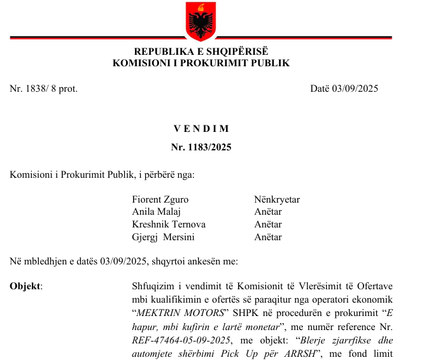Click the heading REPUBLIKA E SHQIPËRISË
click(x=201, y=52)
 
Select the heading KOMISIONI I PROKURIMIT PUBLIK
click(x=201, y=63)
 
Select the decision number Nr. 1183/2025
click(x=201, y=148)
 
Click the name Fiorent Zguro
click(x=160, y=199)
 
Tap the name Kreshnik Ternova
click(x=168, y=224)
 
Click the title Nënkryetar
click(x=277, y=199)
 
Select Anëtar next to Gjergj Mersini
click(x=268, y=237)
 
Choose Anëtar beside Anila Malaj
click(x=268, y=212)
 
